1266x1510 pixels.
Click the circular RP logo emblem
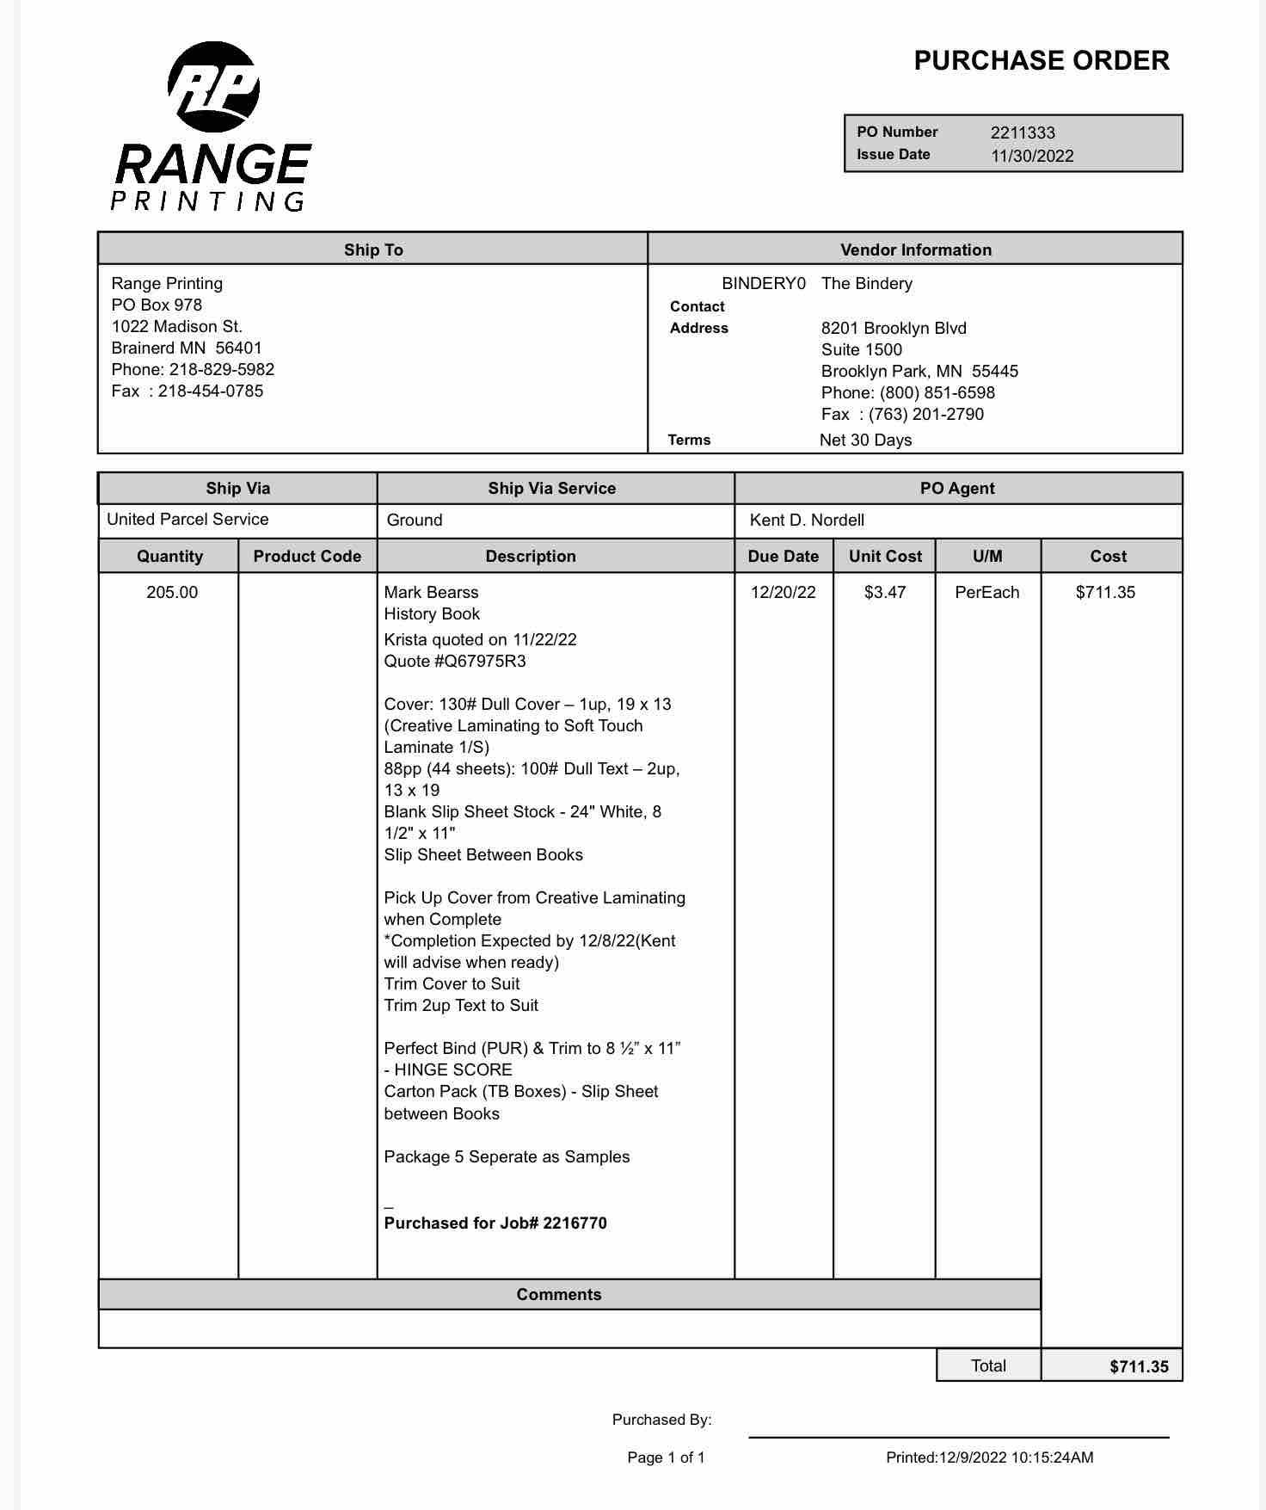click(213, 86)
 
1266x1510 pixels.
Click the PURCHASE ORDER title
click(1041, 60)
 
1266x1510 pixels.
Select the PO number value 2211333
click(1023, 133)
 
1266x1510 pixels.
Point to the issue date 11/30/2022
click(1032, 156)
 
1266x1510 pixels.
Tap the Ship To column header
click(373, 250)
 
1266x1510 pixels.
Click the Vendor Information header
click(915, 250)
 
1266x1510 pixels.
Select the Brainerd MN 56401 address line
click(187, 348)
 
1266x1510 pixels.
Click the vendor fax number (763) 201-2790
click(925, 414)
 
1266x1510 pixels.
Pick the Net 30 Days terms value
click(865, 440)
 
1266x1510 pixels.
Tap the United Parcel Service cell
click(187, 520)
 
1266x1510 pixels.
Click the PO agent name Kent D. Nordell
click(807, 520)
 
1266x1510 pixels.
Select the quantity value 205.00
click(172, 592)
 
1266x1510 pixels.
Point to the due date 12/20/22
click(783, 592)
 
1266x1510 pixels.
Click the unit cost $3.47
click(885, 592)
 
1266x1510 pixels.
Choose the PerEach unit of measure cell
click(987, 592)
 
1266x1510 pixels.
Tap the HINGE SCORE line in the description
click(448, 1069)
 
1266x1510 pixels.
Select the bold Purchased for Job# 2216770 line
click(495, 1223)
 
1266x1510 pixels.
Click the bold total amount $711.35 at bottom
click(1139, 1366)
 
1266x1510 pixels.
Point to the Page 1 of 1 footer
click(666, 1458)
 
